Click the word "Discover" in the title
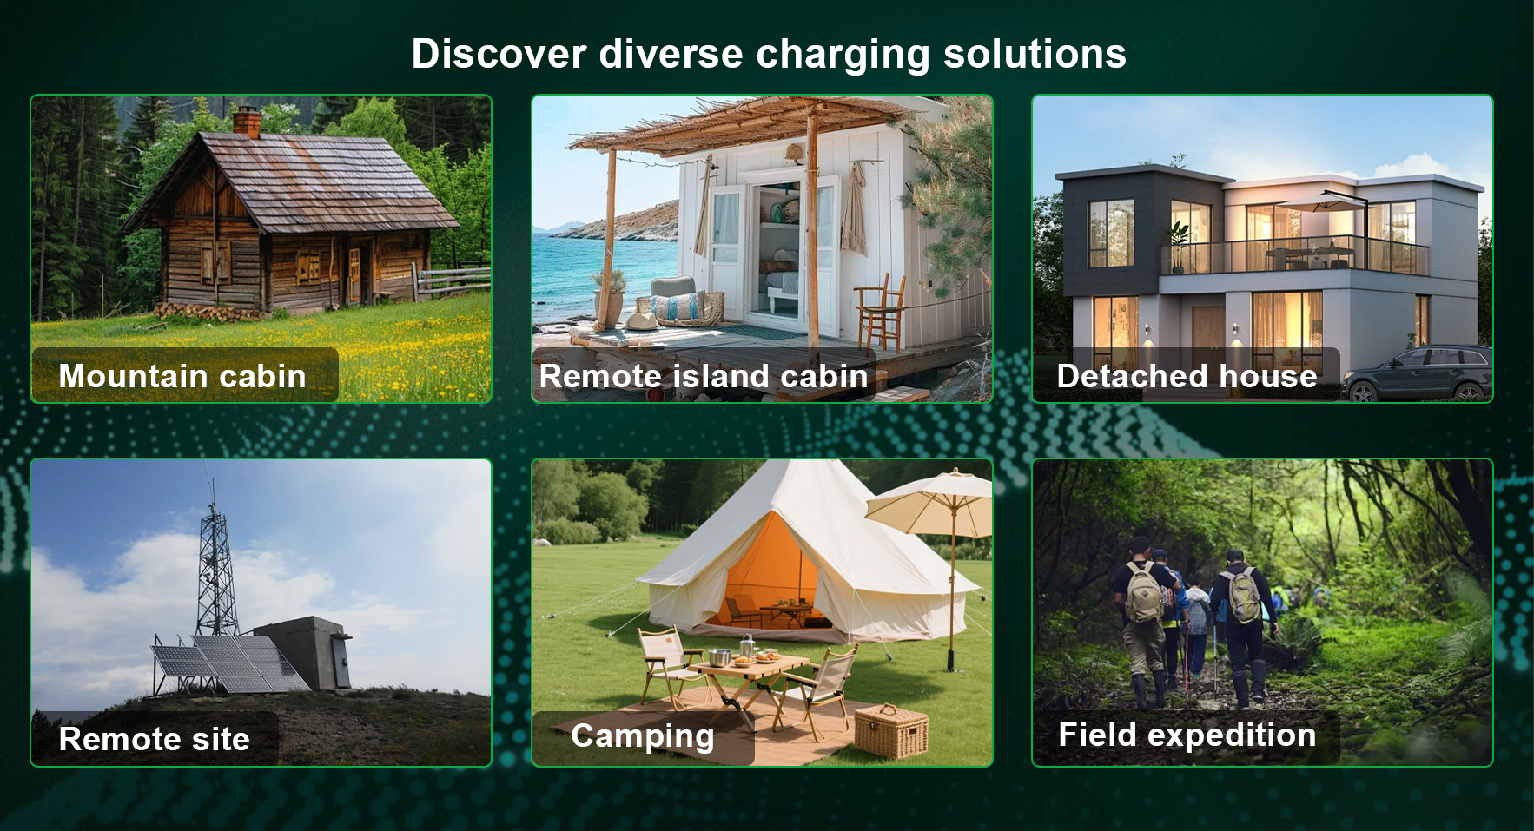[499, 54]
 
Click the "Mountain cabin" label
[182, 376]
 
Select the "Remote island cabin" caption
[704, 376]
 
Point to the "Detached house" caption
[1187, 376]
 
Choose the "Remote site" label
[155, 739]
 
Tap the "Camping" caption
[643, 736]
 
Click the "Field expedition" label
[1187, 735]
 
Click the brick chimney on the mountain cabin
[246, 122]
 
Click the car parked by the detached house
[1417, 373]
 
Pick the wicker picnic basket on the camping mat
[891, 730]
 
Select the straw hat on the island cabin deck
[642, 320]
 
